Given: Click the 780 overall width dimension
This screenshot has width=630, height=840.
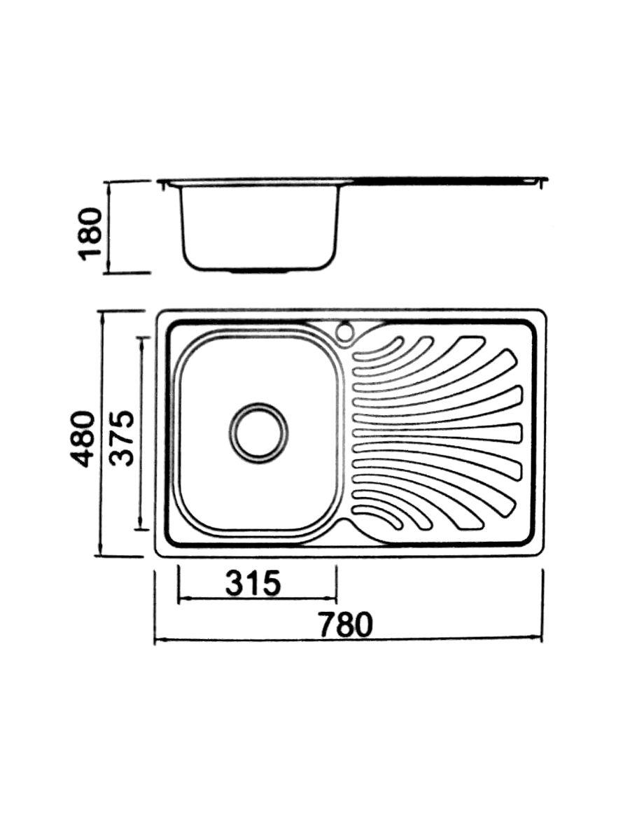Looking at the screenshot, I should tap(346, 624).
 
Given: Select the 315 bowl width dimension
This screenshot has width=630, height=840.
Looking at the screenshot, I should tap(253, 583).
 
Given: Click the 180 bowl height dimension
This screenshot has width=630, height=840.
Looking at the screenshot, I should tap(91, 233).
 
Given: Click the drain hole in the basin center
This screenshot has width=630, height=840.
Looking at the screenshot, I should tap(258, 433).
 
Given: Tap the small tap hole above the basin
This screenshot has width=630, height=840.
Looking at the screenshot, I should tap(345, 332).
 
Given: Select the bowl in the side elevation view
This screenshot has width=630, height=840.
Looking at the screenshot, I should tap(259, 227).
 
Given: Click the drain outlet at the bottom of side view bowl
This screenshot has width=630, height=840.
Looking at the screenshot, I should tap(259, 269).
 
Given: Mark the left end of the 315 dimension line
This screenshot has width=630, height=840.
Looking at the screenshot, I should tap(179, 599).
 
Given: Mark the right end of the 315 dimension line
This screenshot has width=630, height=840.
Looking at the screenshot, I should tap(337, 599).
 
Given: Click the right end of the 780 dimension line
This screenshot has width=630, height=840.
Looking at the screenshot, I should tap(543, 638).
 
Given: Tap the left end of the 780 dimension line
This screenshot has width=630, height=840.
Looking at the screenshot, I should tap(155, 640).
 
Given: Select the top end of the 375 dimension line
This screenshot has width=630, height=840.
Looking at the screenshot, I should tap(143, 337).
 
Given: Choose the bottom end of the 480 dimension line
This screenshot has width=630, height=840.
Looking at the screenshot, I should tap(103, 556).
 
